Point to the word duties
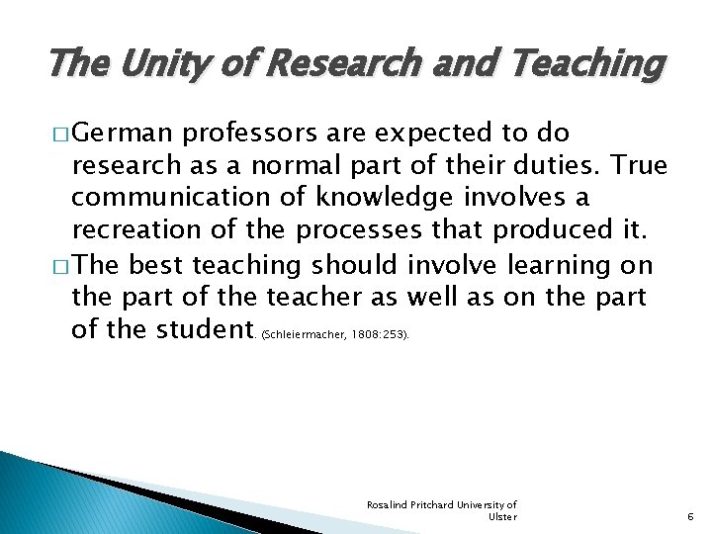coord(556,164)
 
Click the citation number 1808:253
coord(378,335)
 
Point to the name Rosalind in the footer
coord(388,504)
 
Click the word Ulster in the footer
coord(502,516)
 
